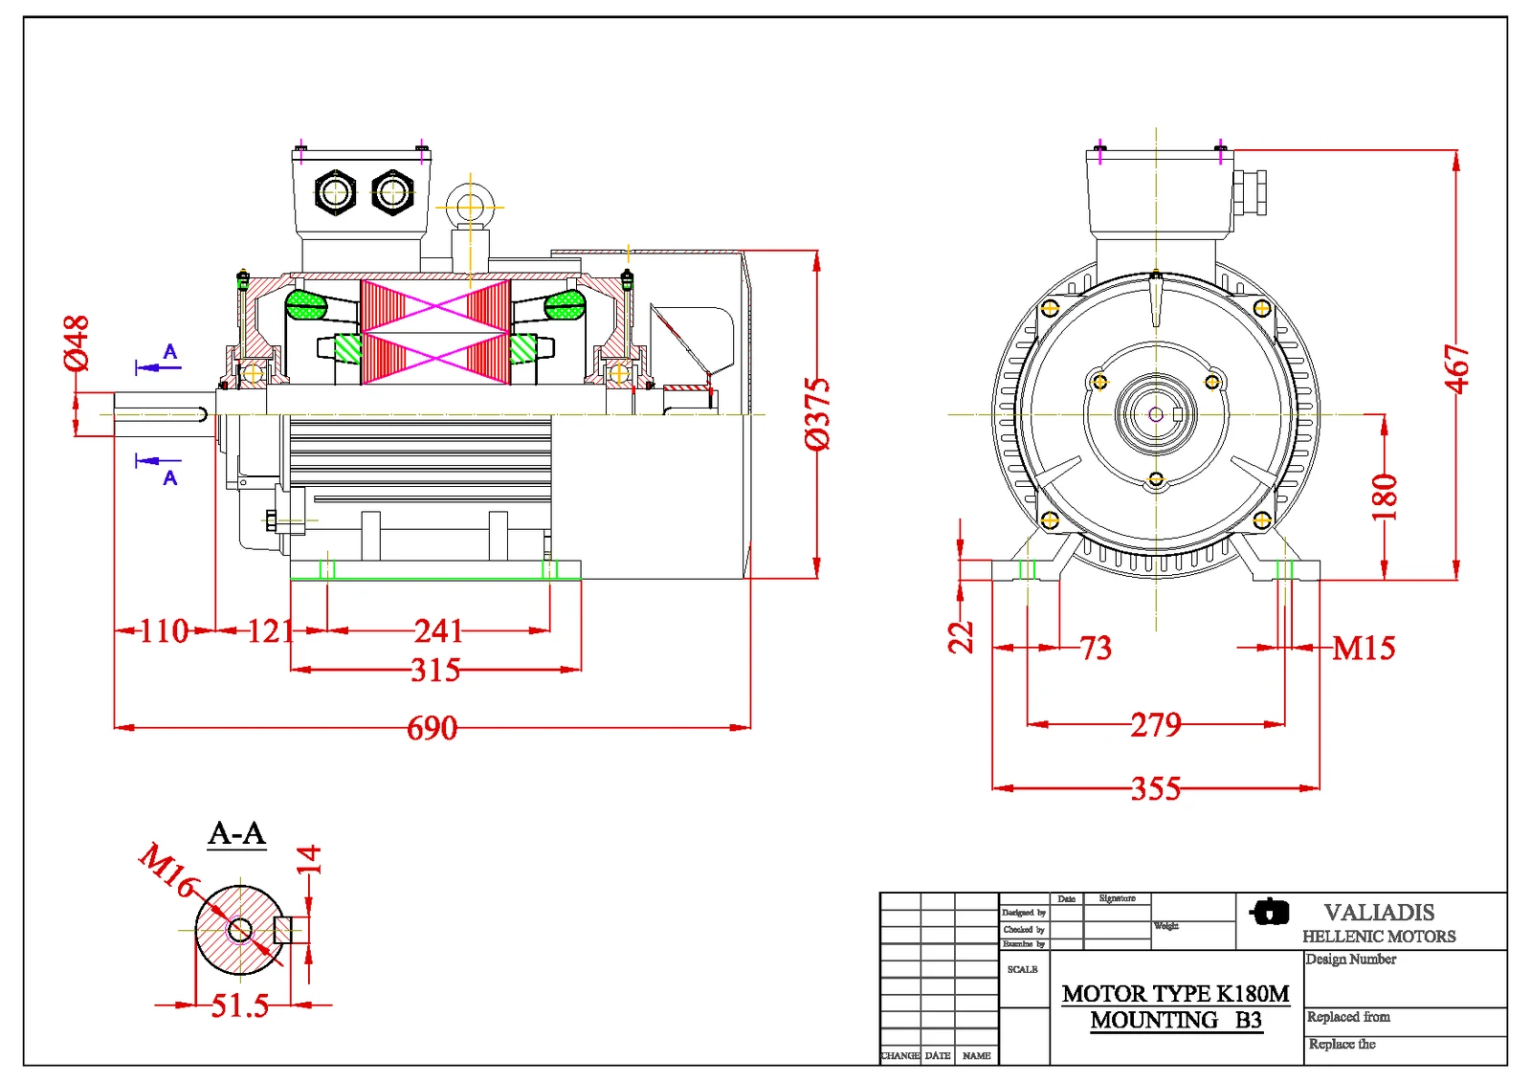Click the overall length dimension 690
[433, 729]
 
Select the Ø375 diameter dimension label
[817, 413]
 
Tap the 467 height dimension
[1456, 369]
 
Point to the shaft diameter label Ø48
[77, 342]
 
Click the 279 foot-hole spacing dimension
[1156, 725]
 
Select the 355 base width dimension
[1156, 789]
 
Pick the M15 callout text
[1364, 649]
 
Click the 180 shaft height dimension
[1385, 497]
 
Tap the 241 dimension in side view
[438, 631]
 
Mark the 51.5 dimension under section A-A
[239, 1006]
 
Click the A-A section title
[236, 833]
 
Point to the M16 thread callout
[168, 869]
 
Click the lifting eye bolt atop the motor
[470, 208]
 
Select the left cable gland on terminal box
[335, 192]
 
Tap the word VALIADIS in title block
[1379, 913]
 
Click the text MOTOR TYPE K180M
[1175, 994]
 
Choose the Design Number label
[1350, 960]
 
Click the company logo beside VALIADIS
[1270, 912]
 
